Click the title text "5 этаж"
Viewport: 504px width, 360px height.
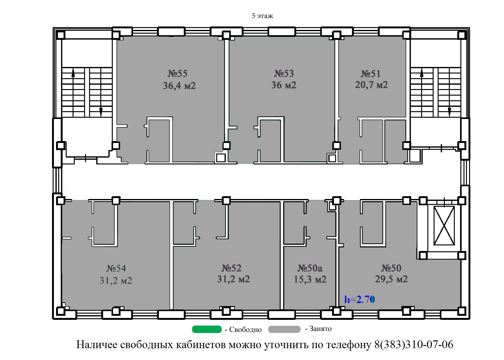coord(262,16)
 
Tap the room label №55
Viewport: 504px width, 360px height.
coord(177,73)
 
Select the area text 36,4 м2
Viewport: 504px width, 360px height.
coord(179,86)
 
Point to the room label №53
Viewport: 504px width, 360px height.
coord(284,73)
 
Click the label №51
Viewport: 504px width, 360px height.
coord(371,74)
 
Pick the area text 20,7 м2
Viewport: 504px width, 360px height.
coord(372,85)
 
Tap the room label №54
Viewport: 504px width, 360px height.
coord(116,268)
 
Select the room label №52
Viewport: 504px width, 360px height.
coord(231,268)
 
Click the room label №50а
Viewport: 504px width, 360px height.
coord(310,268)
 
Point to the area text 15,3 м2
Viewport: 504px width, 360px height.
coord(310,279)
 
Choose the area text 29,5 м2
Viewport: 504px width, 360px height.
coord(391,279)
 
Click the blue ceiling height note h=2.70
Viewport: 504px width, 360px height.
coord(359,299)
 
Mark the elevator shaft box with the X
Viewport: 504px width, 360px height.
coord(444,226)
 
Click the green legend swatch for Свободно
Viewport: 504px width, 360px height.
coord(207,329)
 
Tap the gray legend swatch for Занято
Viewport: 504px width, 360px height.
coord(284,329)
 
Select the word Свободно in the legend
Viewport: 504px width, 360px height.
coord(245,329)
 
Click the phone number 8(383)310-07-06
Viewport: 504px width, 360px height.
coord(414,344)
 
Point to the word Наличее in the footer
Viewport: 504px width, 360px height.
coord(97,344)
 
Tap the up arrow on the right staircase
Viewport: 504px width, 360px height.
coord(422,73)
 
